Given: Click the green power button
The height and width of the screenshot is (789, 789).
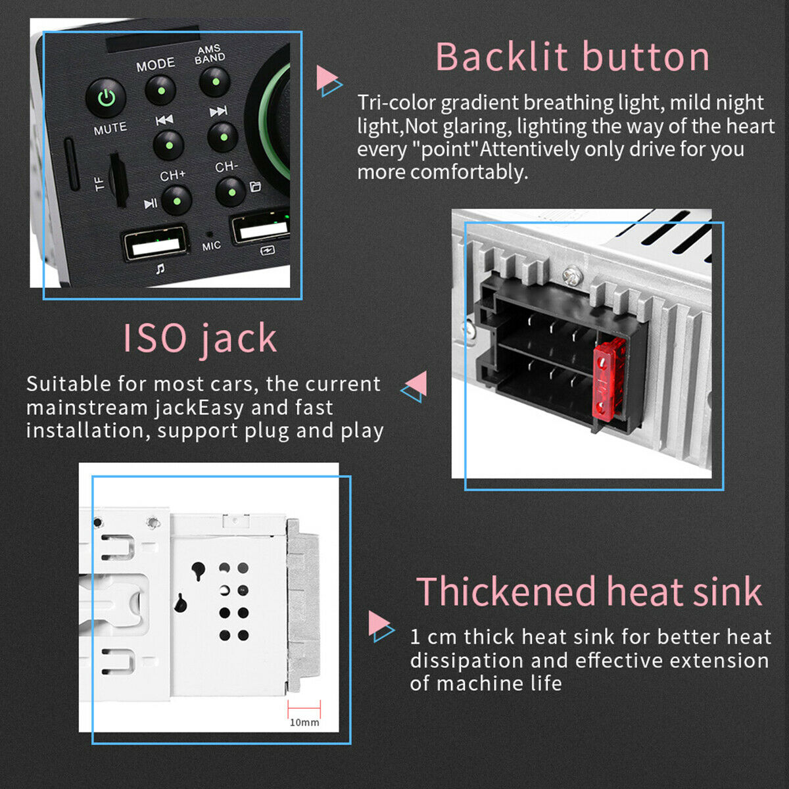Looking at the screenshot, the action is point(106,98).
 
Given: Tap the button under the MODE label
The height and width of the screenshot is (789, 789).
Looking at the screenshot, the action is point(160,90).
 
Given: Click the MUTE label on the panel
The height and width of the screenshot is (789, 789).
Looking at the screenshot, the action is point(110,129).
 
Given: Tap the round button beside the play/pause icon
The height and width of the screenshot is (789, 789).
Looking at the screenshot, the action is point(176,201).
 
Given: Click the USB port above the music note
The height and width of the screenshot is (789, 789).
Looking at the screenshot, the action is point(156,245).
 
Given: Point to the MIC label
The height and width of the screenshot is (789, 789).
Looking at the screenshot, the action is point(211,246).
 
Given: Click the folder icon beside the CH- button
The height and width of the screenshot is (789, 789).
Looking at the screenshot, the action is point(255,186).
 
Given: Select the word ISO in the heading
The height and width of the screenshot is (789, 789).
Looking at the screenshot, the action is point(155,338).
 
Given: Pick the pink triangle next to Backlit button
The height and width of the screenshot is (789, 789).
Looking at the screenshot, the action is point(326,78).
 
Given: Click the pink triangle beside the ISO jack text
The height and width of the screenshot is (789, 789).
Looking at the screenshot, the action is point(416,383).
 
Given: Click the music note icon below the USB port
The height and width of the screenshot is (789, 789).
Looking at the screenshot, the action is point(160,269).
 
